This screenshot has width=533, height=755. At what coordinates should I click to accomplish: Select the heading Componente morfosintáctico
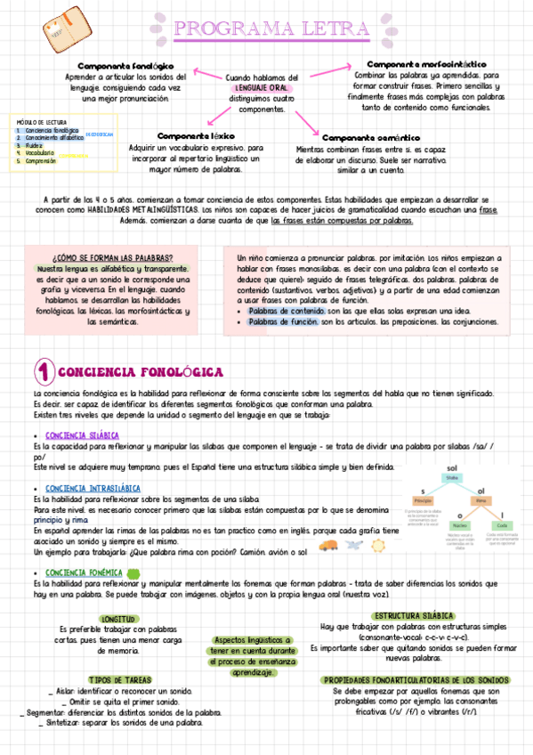point(426,65)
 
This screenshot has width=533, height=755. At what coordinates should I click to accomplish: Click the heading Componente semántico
point(370,138)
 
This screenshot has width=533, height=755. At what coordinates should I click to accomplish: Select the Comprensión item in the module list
point(41,161)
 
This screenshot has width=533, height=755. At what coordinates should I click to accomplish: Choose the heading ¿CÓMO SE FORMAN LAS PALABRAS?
point(112,257)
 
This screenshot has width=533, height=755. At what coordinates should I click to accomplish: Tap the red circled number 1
point(44,370)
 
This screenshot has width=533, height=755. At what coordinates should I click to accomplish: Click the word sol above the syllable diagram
point(451,467)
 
